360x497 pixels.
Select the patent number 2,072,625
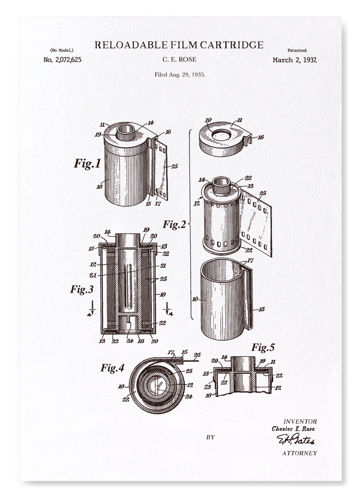tap(62, 60)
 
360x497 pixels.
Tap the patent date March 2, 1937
tap(294, 60)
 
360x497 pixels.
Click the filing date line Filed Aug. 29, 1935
tap(180, 75)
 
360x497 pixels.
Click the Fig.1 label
tap(87, 163)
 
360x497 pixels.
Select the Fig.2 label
tap(174, 225)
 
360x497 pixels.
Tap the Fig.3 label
tap(82, 289)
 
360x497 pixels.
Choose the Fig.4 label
tap(112, 368)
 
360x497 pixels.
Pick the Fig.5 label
tap(263, 347)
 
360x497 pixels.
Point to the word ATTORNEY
tap(299, 453)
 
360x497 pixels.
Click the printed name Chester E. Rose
tap(293, 429)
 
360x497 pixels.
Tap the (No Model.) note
tap(62, 50)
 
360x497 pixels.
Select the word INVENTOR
tap(300, 421)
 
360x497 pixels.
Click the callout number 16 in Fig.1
tap(168, 132)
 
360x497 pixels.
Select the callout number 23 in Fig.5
tap(208, 386)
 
